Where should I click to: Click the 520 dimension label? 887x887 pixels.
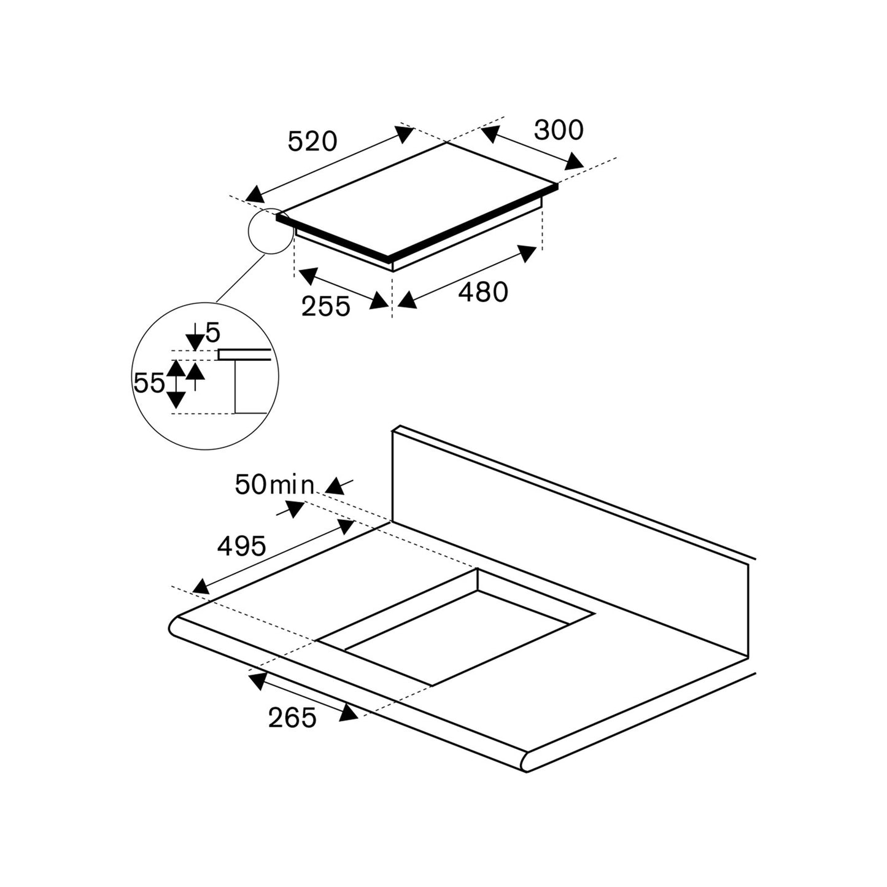312,142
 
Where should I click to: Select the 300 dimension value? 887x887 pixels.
558,130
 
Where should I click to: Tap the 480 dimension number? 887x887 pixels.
483,292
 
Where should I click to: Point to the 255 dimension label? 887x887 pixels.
325,306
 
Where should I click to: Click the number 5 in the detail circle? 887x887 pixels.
213,333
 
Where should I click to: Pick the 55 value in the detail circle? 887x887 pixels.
149,384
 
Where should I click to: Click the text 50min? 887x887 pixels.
274,485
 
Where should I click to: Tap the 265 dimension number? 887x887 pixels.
292,717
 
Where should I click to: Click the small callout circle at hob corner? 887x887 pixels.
271,230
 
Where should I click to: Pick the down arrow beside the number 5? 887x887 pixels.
195,339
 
